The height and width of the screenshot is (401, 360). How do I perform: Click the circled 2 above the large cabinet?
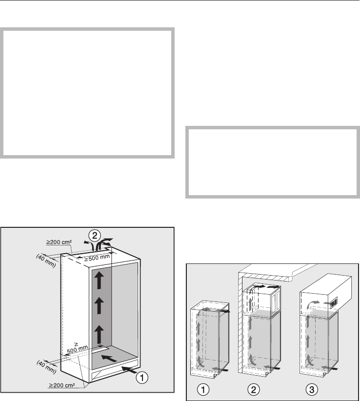coord(95,236)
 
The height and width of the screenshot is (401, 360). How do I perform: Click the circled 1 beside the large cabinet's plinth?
coord(141,377)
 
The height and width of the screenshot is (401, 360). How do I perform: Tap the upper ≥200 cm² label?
coord(59,242)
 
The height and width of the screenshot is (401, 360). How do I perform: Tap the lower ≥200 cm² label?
coord(62,385)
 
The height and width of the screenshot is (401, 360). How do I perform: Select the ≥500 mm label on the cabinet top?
coord(97,258)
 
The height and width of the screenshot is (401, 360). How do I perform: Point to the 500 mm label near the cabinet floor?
coord(77,349)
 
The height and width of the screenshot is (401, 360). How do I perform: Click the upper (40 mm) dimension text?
coord(46,261)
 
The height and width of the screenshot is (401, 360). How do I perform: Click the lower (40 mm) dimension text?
coord(46,367)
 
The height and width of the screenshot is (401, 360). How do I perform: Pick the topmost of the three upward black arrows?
coord(99,281)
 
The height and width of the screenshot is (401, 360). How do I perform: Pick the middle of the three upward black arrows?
coord(99,306)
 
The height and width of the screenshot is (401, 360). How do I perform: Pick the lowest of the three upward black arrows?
coord(99,334)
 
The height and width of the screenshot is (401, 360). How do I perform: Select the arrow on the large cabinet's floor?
coord(109,358)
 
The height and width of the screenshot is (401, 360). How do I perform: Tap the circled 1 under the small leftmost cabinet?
coord(203,390)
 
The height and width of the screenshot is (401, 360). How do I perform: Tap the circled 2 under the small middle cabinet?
coord(253,390)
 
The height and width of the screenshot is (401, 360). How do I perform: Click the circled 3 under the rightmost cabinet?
coord(312,390)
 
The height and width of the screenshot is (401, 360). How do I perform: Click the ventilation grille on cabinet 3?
coord(334,302)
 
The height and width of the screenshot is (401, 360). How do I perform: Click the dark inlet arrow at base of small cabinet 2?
coord(272,368)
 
